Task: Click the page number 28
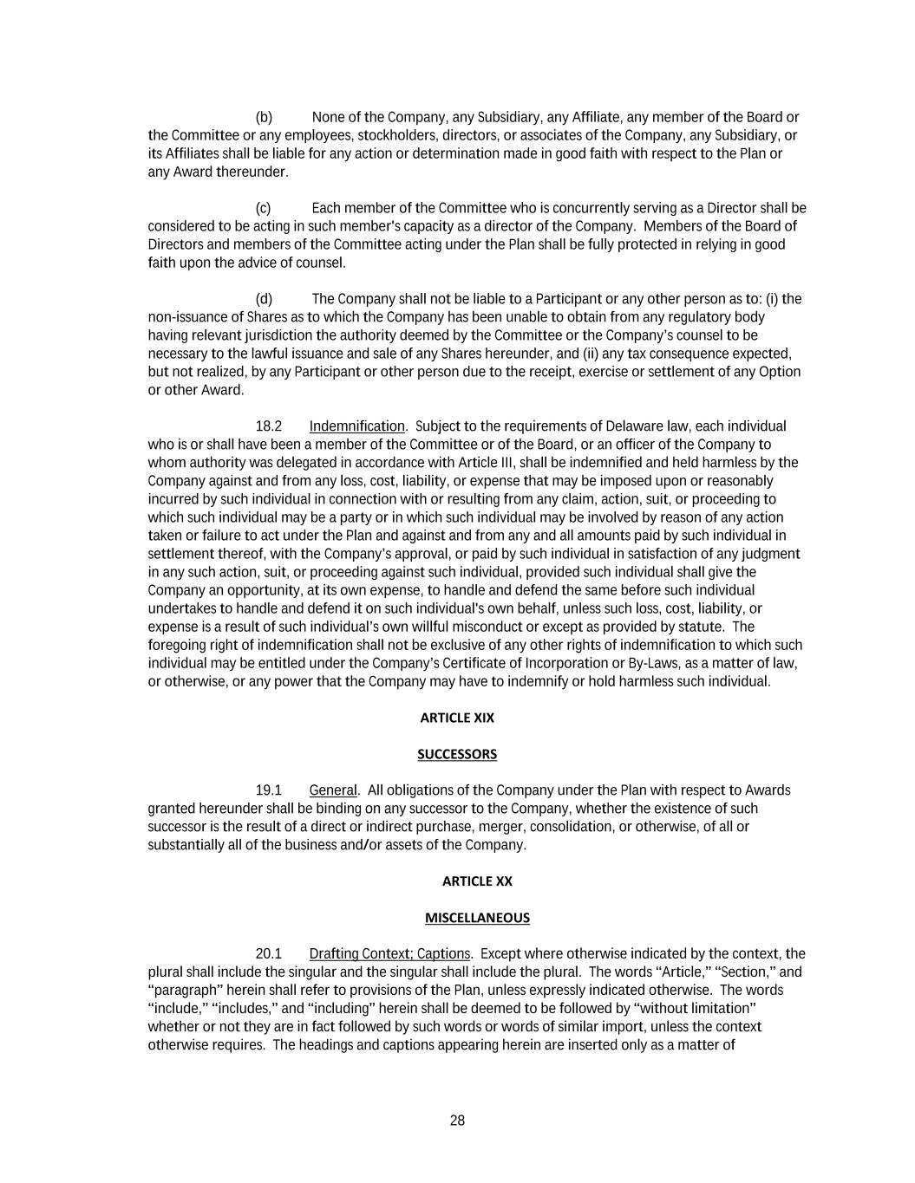pyautogui.click(x=457, y=1121)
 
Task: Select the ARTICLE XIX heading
pyautogui.click(x=457, y=718)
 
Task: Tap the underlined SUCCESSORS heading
pyautogui.click(x=457, y=754)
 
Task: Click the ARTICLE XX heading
pyautogui.click(x=477, y=881)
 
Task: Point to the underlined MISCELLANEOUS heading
pyautogui.click(x=477, y=918)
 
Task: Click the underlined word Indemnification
pyautogui.click(x=356, y=426)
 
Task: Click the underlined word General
pyautogui.click(x=333, y=790)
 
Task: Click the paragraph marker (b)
pyautogui.click(x=264, y=117)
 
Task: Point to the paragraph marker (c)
pyautogui.click(x=263, y=208)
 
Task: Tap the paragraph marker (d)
pyautogui.click(x=264, y=299)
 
